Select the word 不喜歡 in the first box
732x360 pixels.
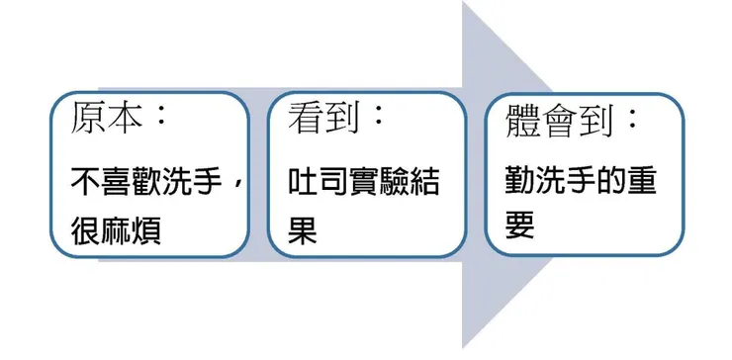point(119,183)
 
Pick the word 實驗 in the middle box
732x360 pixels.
point(381,183)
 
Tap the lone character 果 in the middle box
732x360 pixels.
point(302,232)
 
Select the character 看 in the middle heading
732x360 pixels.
point(303,121)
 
